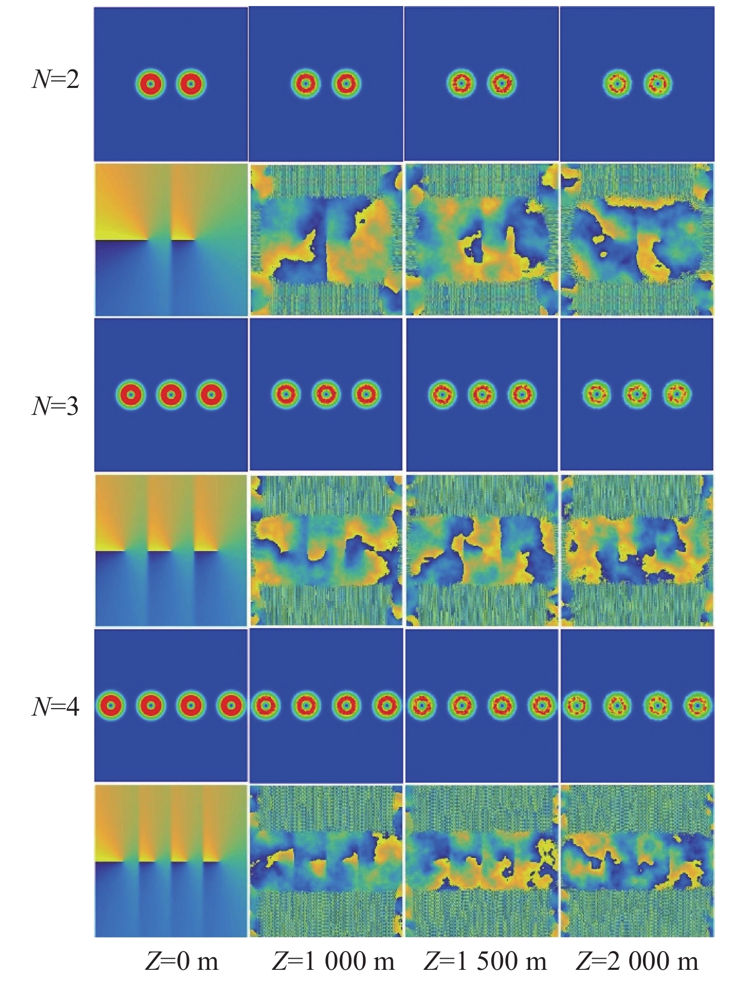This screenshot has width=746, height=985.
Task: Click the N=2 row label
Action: pyautogui.click(x=56, y=79)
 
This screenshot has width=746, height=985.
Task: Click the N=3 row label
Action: pyautogui.click(x=56, y=405)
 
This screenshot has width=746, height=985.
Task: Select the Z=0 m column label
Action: pyautogui.click(x=182, y=961)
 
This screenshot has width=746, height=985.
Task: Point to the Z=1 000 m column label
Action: pyautogui.click(x=334, y=961)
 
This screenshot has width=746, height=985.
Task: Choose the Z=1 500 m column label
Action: pyautogui.click(x=485, y=961)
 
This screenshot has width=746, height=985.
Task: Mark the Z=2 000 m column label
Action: pyautogui.click(x=637, y=961)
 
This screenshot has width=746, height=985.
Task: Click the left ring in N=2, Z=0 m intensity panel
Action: pyautogui.click(x=150, y=84)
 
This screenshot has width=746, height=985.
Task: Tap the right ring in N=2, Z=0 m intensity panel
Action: pyautogui.click(x=191, y=84)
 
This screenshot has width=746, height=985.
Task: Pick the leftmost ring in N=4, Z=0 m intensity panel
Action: pyautogui.click(x=110, y=705)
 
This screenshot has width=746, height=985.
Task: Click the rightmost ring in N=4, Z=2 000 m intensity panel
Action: pyautogui.click(x=698, y=704)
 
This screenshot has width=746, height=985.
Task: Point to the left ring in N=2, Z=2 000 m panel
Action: pyautogui.click(x=617, y=83)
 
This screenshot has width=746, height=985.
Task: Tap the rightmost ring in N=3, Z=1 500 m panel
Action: pyautogui.click(x=522, y=394)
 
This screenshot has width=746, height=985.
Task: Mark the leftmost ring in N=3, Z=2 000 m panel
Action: pyautogui.click(x=597, y=393)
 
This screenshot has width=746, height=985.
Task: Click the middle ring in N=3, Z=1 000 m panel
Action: pyautogui.click(x=326, y=394)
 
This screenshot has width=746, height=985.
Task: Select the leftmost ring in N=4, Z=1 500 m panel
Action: pyautogui.click(x=422, y=704)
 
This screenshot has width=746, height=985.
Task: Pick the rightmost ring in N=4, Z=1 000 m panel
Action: pyautogui.click(x=387, y=705)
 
